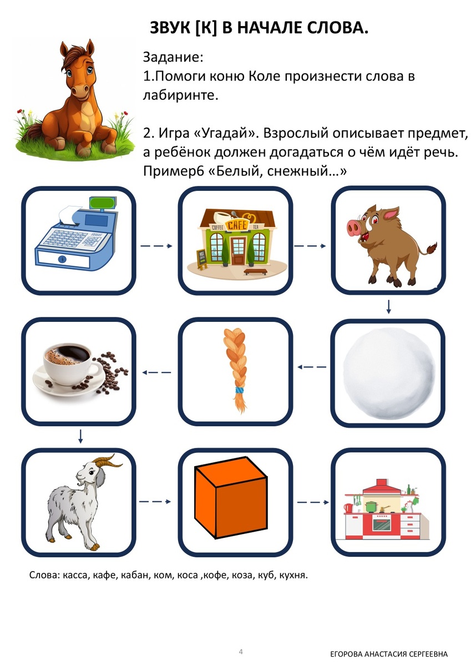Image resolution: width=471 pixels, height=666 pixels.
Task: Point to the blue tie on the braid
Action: (x=239, y=391)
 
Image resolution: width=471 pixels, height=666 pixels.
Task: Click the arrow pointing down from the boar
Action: (x=389, y=306)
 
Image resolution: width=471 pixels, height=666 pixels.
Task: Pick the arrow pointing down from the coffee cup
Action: (x=80, y=436)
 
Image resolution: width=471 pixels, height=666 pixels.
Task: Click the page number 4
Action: (x=241, y=651)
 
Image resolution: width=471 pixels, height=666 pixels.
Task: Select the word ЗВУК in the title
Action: (x=170, y=28)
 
